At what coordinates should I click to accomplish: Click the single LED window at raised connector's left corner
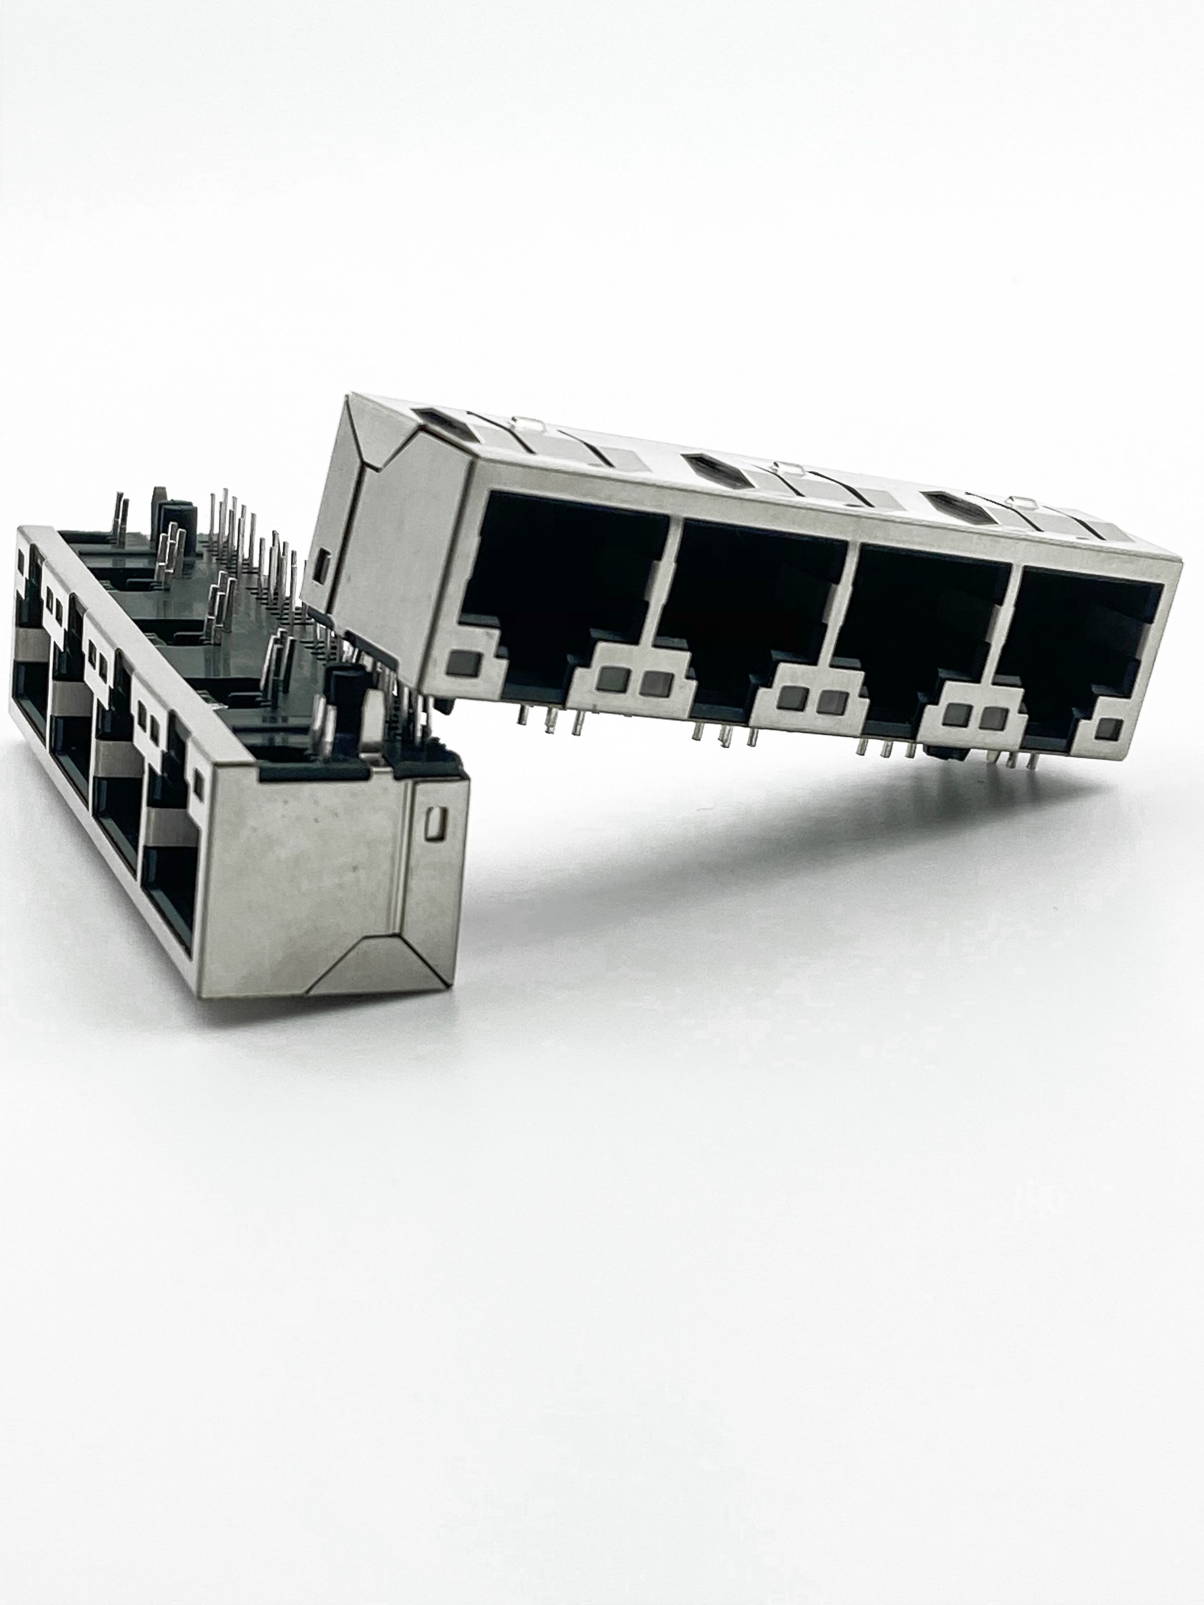click(459, 662)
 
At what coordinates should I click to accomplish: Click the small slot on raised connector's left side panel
click(324, 567)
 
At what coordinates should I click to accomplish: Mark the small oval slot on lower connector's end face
click(435, 822)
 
